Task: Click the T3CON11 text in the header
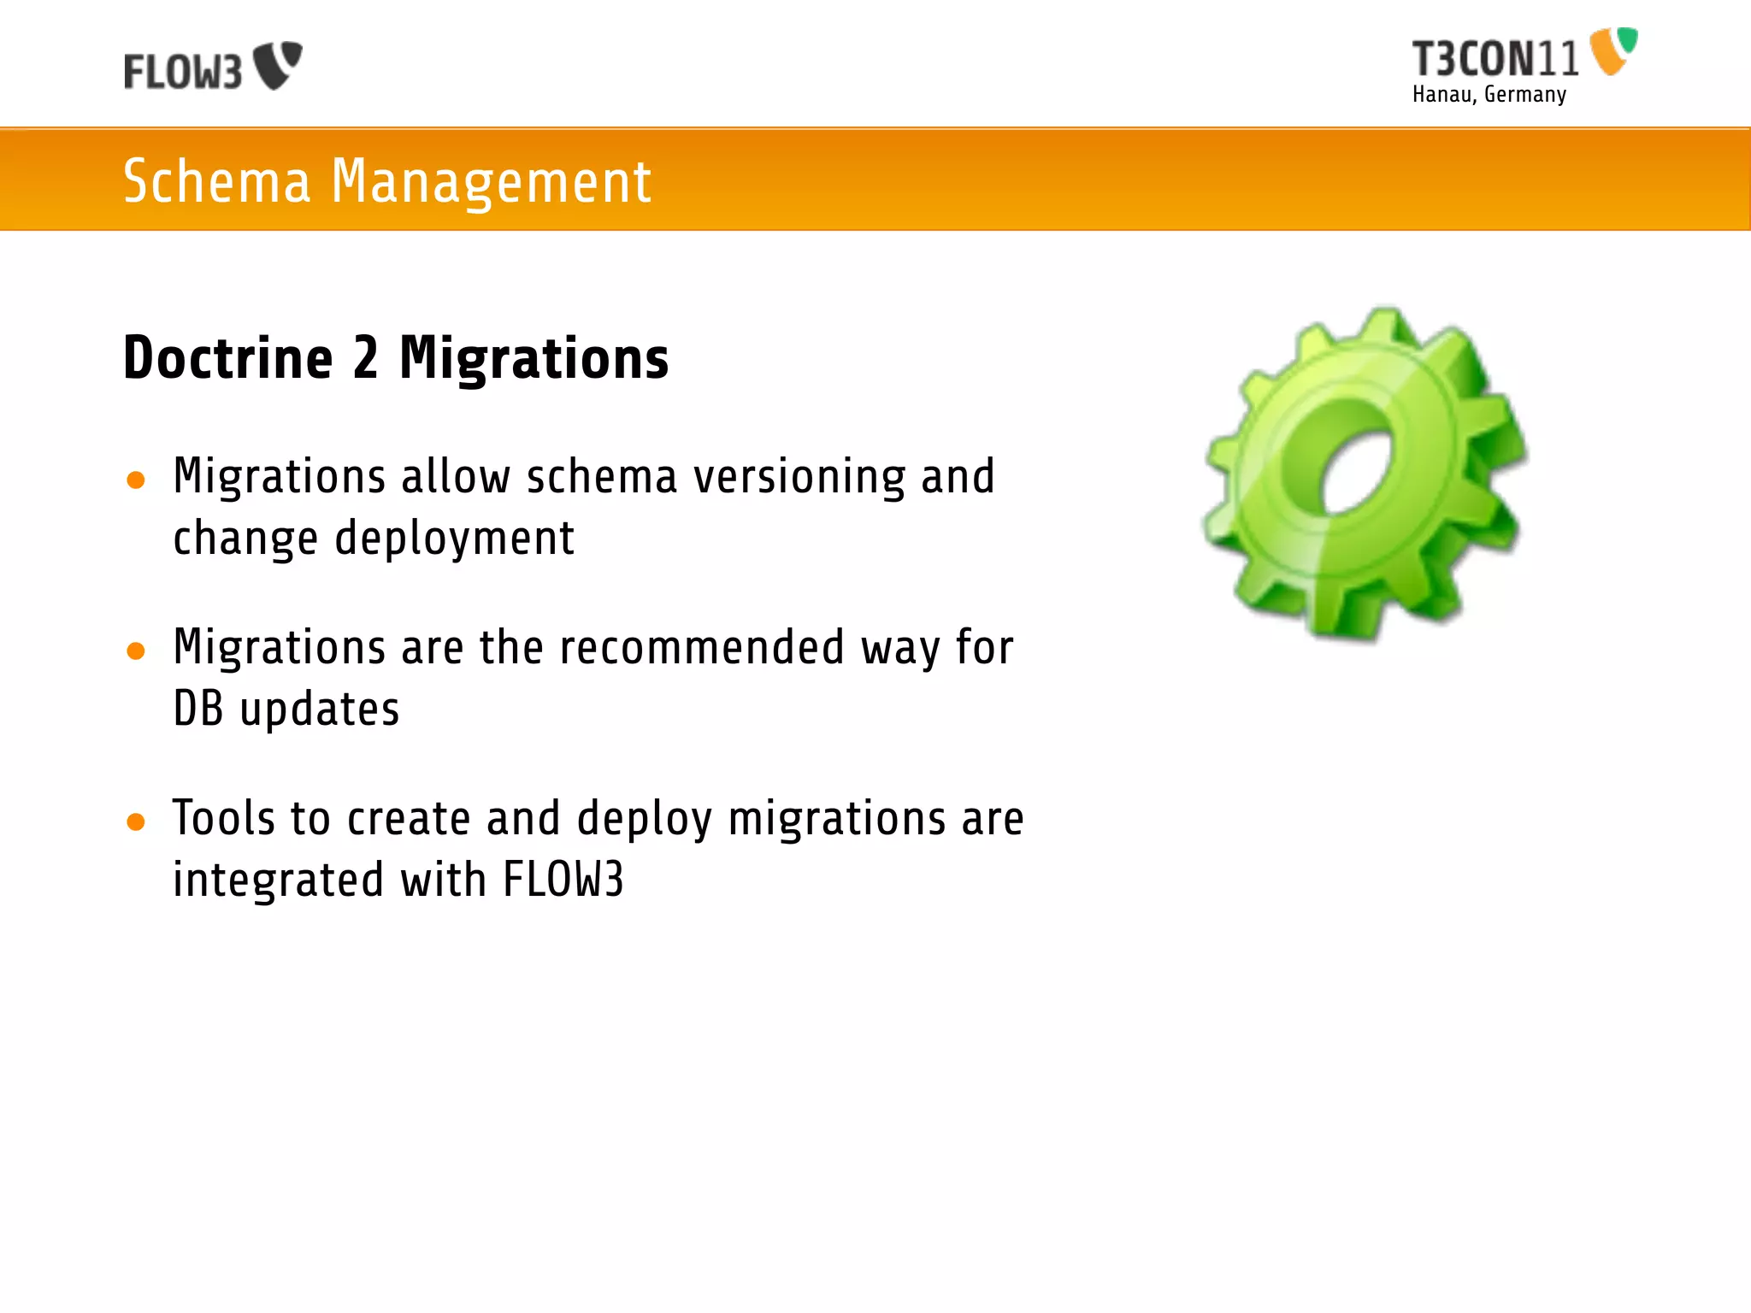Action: point(1495,59)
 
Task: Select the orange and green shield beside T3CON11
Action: point(1612,50)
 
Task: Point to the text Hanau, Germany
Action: point(1489,95)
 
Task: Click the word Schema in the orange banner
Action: point(217,181)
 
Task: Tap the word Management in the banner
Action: point(491,181)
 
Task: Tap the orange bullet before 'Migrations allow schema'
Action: point(135,480)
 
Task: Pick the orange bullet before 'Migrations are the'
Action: point(135,651)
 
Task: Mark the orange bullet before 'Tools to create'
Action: point(135,821)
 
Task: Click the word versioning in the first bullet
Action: point(799,477)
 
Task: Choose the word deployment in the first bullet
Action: point(454,539)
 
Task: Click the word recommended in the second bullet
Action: point(702,647)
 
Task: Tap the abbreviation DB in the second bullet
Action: point(198,709)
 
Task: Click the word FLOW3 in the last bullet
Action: point(563,880)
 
